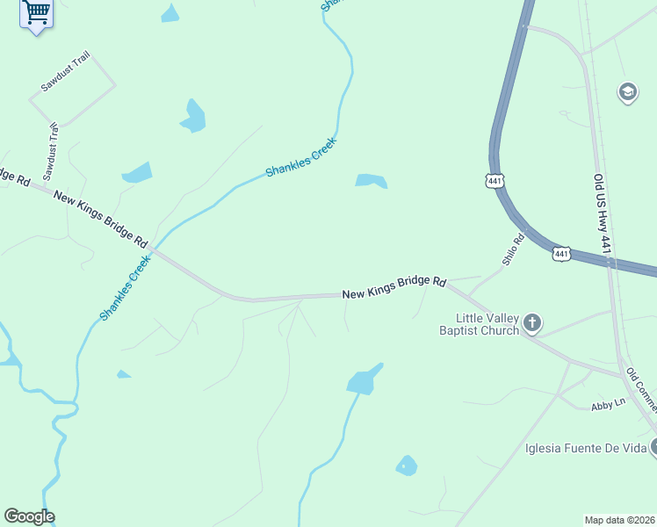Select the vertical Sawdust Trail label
pyautogui.click(x=51, y=150)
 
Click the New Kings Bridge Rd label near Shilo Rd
pyautogui.click(x=394, y=288)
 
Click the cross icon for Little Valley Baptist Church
pyautogui.click(x=532, y=324)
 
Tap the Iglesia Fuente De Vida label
pyautogui.click(x=585, y=449)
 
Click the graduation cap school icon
pyautogui.click(x=627, y=91)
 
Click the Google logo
pyautogui.click(x=29, y=516)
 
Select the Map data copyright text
pyautogui.click(x=620, y=520)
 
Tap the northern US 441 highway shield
pyautogui.click(x=495, y=181)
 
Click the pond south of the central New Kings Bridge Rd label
pyautogui.click(x=364, y=380)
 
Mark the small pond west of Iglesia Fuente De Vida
pyautogui.click(x=406, y=466)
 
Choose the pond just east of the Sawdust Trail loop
pyautogui.click(x=193, y=116)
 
